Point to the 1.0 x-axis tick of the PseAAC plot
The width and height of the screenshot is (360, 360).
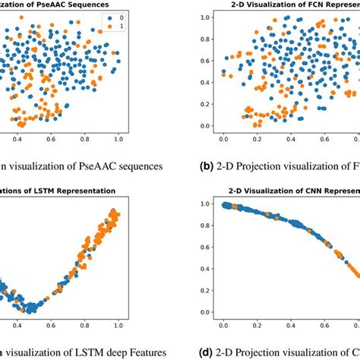click(x=118, y=139)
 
